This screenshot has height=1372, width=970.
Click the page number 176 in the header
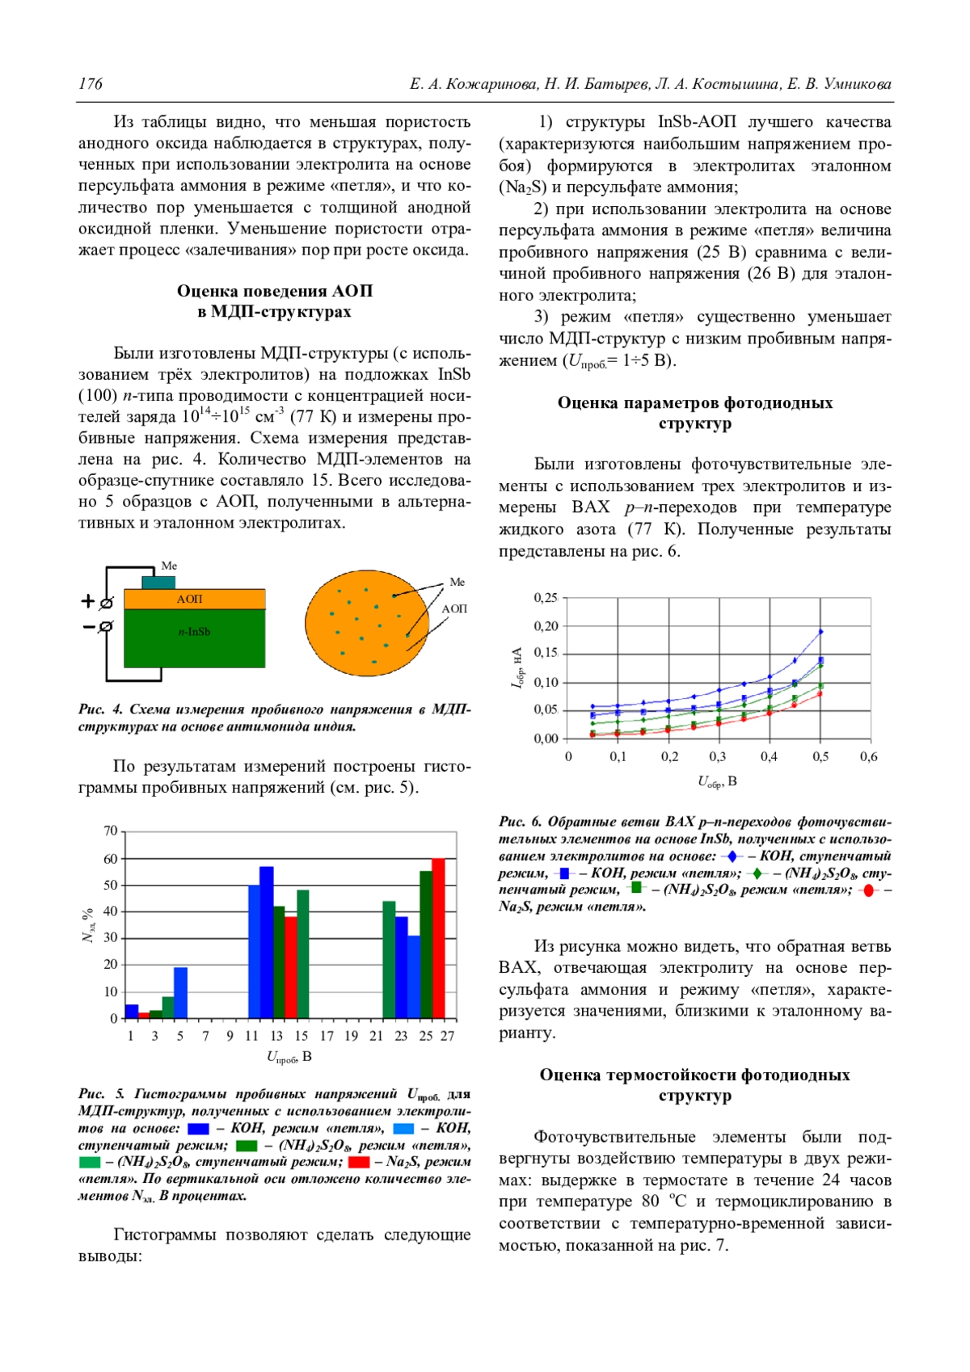[91, 84]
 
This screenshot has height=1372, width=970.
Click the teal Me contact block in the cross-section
[158, 582]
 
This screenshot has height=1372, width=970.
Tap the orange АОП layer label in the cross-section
[190, 599]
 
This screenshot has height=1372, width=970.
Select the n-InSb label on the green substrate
[194, 632]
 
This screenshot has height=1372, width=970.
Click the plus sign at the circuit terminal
[88, 601]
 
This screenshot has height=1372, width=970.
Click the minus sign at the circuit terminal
[88, 626]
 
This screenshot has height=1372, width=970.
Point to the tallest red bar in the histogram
[438, 937]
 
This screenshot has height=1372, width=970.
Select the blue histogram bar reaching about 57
[266, 942]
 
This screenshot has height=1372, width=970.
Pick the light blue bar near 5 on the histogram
[180, 992]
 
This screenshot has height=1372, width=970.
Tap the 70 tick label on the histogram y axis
[110, 831]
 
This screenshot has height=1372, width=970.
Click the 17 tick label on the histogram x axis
[327, 1036]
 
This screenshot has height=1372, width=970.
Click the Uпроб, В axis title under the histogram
[289, 1057]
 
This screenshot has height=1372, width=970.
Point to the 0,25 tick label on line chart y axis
[546, 598]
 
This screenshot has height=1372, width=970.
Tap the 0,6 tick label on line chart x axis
[868, 757]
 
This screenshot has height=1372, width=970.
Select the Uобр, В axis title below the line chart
[717, 781]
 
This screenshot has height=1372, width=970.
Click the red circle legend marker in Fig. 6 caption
[867, 890]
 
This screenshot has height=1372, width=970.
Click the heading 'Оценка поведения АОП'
[275, 291]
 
